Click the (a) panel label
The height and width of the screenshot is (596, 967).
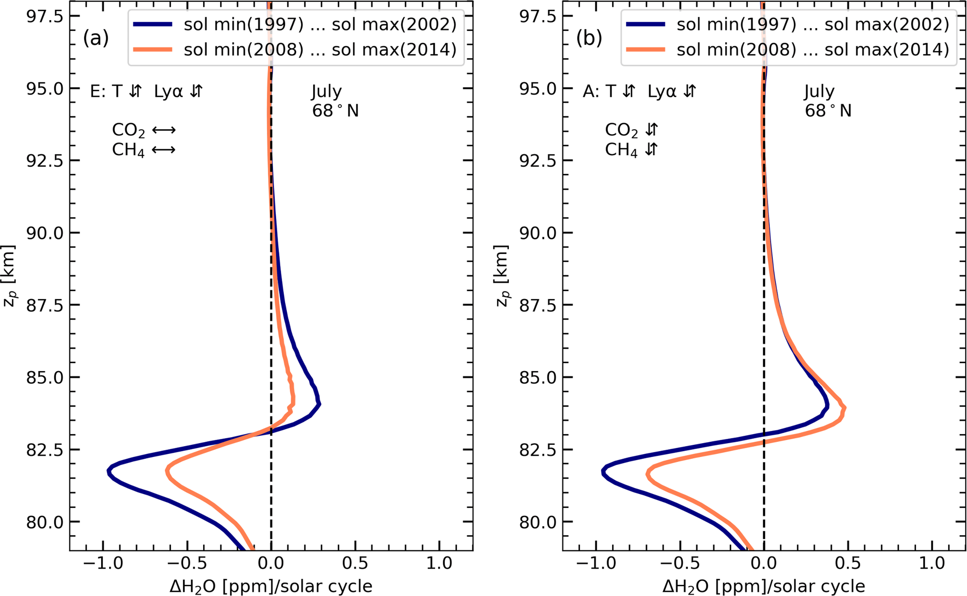coord(96,38)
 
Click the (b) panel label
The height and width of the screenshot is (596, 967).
coord(589,38)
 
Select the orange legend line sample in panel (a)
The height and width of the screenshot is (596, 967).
coord(153,50)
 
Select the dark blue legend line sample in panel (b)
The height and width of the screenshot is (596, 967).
coord(645,24)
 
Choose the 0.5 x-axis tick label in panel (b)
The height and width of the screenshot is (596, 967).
coord(848,563)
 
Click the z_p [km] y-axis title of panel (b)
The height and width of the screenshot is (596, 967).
coord(502,276)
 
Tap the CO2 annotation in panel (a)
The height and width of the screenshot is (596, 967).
coord(128,131)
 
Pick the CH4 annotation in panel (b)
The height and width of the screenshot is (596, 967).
coord(621,150)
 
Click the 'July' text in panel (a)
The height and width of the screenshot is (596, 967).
coord(327,91)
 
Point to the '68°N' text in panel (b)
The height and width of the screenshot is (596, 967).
coord(828,111)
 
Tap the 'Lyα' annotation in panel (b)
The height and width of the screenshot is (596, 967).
coord(661,91)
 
